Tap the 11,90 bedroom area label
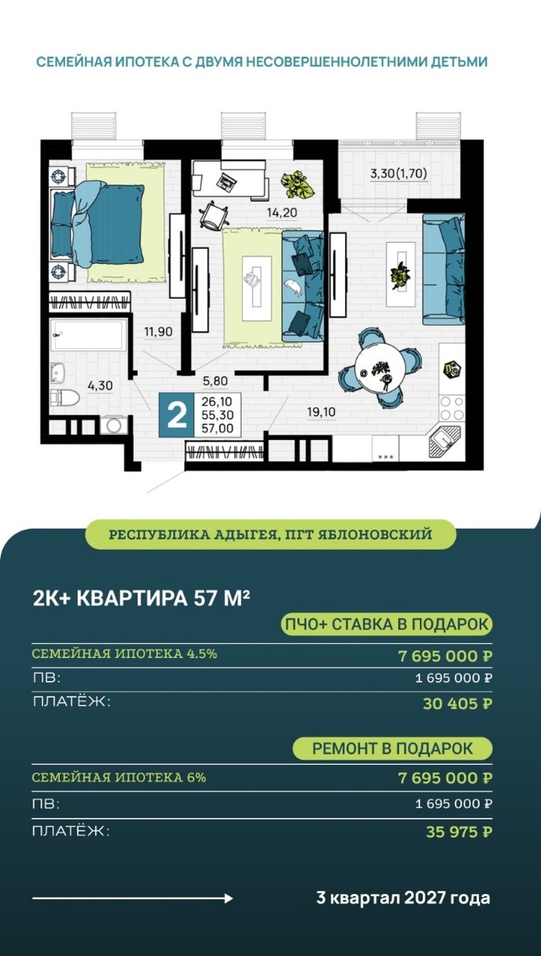coord(159,331)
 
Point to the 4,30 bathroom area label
coord(100,386)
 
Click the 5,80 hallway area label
coord(215,382)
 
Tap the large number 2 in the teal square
coord(177,414)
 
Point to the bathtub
coord(88,335)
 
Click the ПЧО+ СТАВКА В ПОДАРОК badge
coord(387,624)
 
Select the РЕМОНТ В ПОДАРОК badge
coord(392,749)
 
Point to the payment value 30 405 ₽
coord(457,703)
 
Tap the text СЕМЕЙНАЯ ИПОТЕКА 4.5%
coord(124,654)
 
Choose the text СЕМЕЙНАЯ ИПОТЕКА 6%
coord(119,777)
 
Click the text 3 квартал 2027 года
coord(403,899)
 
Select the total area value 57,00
coord(218,428)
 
